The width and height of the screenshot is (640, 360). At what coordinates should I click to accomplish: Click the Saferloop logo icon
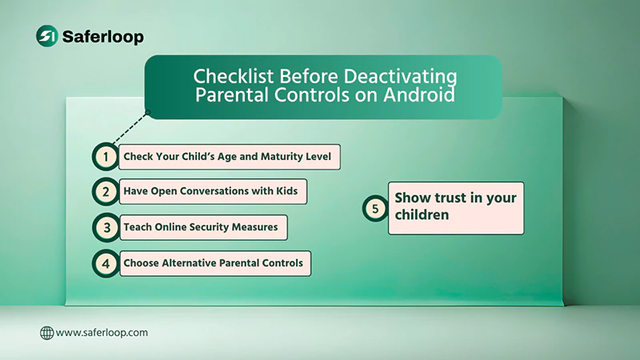tap(47, 35)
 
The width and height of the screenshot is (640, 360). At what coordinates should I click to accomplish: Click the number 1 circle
tap(106, 156)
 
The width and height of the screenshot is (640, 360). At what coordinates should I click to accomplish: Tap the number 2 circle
tap(106, 192)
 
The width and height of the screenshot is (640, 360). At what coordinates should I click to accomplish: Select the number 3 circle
tap(106, 227)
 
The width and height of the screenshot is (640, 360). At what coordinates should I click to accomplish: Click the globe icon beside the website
tap(46, 332)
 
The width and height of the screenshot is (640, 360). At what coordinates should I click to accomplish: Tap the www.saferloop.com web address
tap(102, 332)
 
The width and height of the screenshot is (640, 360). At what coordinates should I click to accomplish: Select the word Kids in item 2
tap(291, 192)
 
